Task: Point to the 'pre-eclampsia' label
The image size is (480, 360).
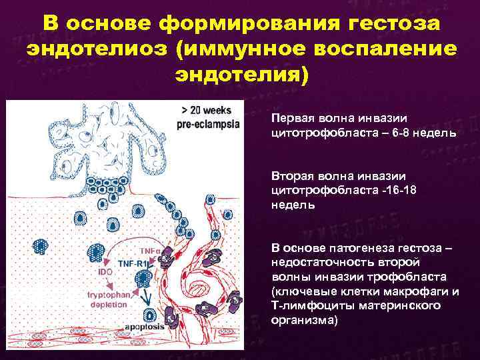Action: click(209, 125)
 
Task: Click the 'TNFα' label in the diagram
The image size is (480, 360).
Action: click(151, 249)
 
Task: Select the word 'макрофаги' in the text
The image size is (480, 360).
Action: click(417, 291)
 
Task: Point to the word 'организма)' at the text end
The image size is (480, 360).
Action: click(304, 320)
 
